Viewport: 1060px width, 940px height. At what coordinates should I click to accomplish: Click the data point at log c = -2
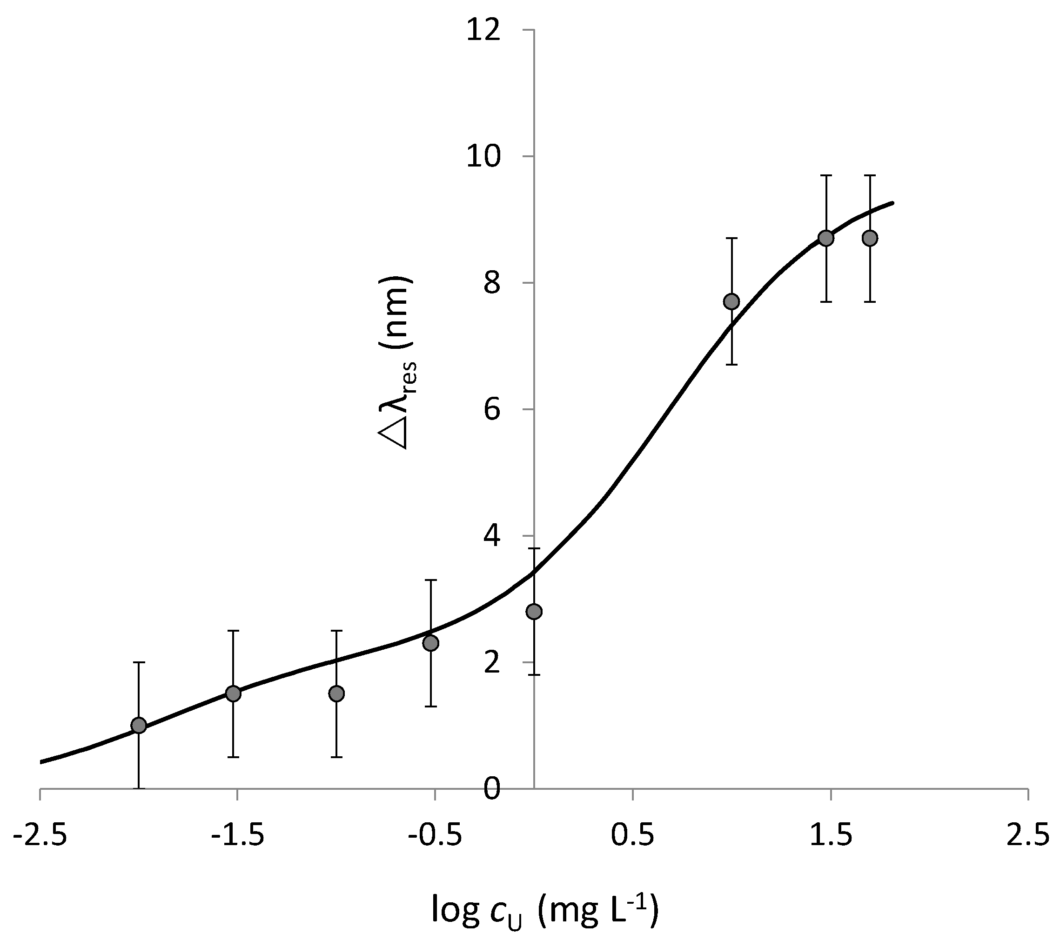click(139, 726)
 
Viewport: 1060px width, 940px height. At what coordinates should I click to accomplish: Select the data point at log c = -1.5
click(234, 694)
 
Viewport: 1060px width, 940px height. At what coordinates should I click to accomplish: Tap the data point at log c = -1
click(336, 694)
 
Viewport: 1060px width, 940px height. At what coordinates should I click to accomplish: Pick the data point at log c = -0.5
click(430, 643)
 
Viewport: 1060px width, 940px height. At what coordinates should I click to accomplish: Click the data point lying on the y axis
click(534, 612)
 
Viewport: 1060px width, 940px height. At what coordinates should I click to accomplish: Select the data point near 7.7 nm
click(731, 302)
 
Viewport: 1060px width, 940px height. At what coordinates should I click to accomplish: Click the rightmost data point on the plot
click(870, 239)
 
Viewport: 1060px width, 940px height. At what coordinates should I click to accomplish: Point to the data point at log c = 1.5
click(826, 239)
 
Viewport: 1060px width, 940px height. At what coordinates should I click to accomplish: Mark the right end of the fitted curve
click(893, 203)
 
